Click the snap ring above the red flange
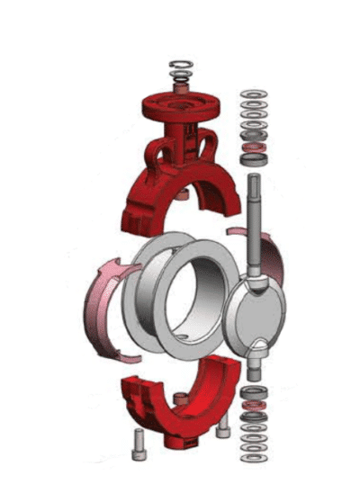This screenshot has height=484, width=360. pos(181,65)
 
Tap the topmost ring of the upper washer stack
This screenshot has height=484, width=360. pos(255,94)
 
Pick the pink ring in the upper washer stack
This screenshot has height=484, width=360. pos(255,146)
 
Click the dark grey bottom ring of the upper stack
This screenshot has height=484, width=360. pos(255,159)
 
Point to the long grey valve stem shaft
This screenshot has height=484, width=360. pos(255,225)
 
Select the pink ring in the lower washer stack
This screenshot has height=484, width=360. pos(255,408)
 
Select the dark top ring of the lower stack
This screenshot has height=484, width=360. pos(255,388)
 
